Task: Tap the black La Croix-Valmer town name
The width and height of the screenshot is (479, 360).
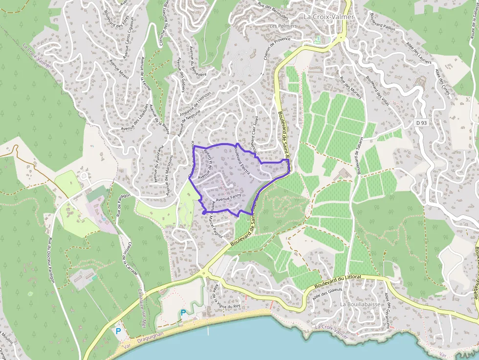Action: [328, 17]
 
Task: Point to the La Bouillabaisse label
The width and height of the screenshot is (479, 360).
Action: [360, 304]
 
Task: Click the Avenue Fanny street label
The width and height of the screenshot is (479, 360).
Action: [229, 199]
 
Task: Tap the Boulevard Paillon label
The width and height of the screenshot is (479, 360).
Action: [382, 21]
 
